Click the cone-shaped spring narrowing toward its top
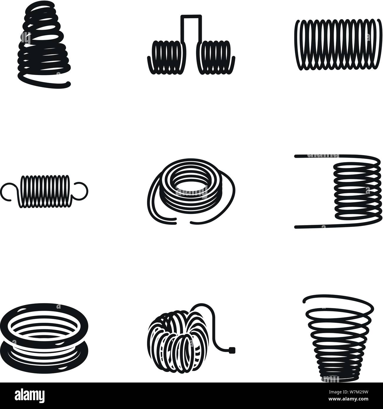click(x=44, y=41)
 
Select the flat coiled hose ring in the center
click(x=189, y=188)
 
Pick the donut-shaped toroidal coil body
click(x=174, y=341)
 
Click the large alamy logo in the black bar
click(x=29, y=396)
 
